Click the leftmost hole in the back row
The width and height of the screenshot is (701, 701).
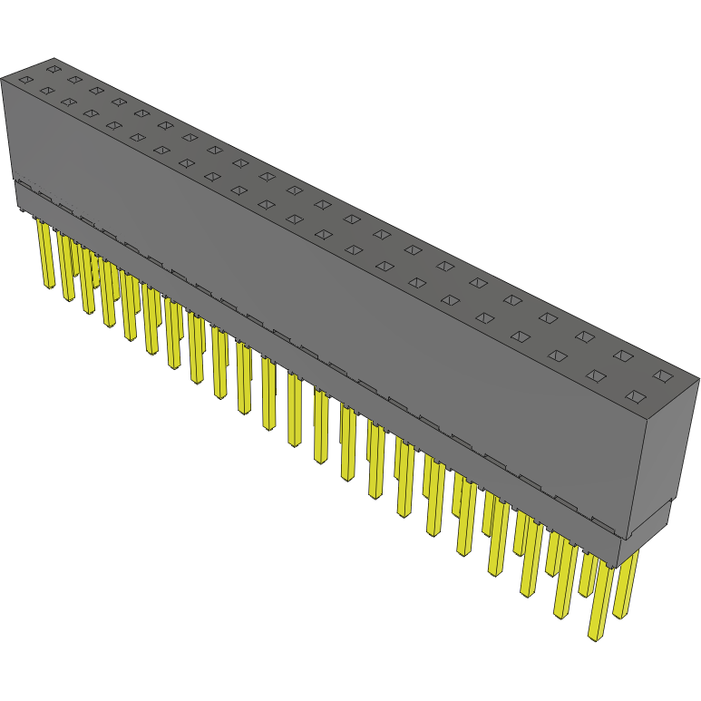pos(54,68)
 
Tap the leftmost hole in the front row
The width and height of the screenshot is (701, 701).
pos(25,80)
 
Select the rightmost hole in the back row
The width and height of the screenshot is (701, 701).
pos(664,375)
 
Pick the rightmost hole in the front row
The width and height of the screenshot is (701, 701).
pos(636,395)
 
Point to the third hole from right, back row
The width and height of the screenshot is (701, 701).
pos(585,336)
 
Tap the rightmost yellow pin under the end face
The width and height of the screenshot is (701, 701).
pos(625,585)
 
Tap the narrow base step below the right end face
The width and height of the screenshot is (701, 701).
pos(653,525)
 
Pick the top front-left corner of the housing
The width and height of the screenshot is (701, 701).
pos(2,80)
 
